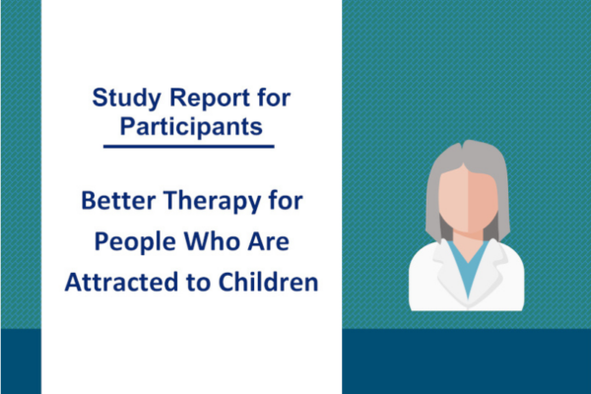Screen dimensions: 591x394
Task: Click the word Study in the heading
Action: click(x=127, y=98)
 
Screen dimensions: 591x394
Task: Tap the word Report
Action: click(x=210, y=98)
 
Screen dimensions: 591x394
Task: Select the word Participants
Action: click(x=191, y=127)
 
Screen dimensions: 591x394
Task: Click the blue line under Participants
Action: click(x=189, y=147)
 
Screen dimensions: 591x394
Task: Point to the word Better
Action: click(x=119, y=200)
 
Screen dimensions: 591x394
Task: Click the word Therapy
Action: click(x=212, y=202)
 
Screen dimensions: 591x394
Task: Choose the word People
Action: click(x=135, y=242)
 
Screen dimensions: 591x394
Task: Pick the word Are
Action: click(x=268, y=241)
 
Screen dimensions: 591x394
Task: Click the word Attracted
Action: click(x=121, y=282)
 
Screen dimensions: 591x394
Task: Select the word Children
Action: click(x=268, y=282)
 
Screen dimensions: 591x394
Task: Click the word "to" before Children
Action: click(x=198, y=283)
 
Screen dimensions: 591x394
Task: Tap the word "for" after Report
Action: click(x=274, y=98)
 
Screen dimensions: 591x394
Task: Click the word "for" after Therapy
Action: click(x=286, y=200)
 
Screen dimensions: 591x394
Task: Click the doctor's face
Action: click(x=468, y=200)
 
